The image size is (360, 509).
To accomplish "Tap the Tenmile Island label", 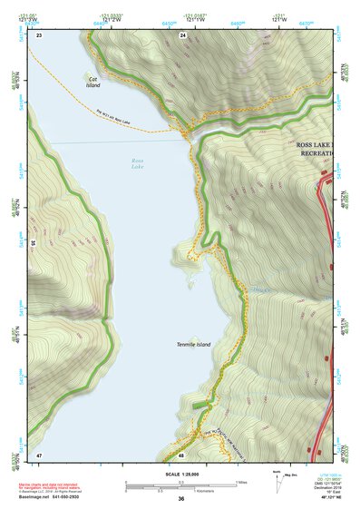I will tap(193, 345).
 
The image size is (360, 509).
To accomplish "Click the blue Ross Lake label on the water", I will tap(137, 163).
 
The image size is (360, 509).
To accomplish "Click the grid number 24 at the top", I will tap(182, 34).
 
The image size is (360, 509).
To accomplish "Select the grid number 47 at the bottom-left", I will tap(39, 454).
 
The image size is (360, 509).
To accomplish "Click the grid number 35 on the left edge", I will tap(33, 243).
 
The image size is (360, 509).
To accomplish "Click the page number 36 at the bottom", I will tap(181, 498).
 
